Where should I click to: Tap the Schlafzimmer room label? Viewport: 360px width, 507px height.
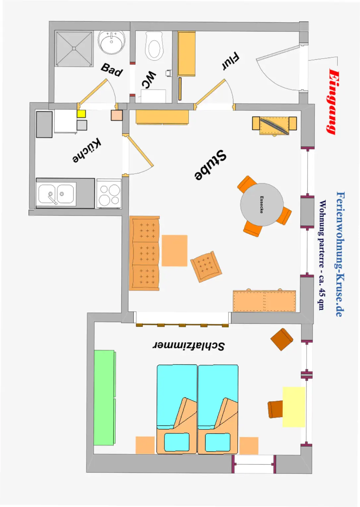(189, 346)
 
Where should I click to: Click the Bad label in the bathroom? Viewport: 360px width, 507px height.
(112, 70)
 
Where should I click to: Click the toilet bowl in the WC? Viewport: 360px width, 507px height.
(154, 47)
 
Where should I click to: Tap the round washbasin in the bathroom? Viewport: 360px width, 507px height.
(111, 42)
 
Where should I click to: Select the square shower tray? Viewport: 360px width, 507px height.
(74, 48)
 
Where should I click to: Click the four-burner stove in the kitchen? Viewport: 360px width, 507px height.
(109, 194)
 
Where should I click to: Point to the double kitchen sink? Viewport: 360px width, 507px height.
(56, 194)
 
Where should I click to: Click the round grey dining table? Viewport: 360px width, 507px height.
(262, 204)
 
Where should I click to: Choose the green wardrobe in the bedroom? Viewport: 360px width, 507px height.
(104, 397)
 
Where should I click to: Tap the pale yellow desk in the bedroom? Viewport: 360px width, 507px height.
(294, 407)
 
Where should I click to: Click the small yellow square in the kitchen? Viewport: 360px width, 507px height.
(81, 114)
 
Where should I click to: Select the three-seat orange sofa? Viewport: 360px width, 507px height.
(144, 253)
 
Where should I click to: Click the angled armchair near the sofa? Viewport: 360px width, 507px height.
(206, 266)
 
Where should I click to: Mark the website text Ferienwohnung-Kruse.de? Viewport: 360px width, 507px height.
(340, 254)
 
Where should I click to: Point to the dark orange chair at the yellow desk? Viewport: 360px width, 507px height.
(275, 409)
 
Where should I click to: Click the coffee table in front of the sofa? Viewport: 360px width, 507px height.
(175, 251)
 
